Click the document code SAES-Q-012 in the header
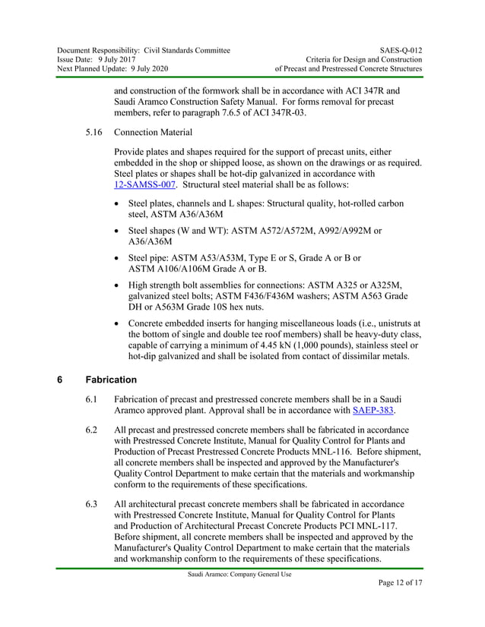(397, 50)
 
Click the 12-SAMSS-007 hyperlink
(145, 184)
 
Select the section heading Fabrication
(111, 380)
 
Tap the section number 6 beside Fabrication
(61, 380)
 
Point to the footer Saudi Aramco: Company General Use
(239, 575)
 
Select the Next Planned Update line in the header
(113, 69)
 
